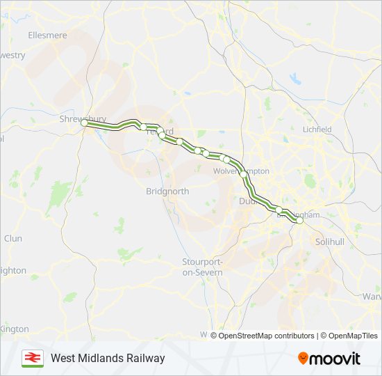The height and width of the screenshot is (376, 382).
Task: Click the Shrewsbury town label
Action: pos(81,118)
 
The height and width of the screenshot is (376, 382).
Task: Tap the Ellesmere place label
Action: pos(47,34)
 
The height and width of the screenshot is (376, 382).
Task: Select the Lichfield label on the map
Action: pos(317,130)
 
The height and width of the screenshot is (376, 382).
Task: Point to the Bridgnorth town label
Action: pos(167,191)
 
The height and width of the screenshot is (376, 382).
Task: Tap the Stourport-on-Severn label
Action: pos(202,267)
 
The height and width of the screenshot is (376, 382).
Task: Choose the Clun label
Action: pos(13,238)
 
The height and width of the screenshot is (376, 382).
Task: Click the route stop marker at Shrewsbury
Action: pos(84,123)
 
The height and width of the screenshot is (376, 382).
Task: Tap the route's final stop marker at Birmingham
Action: pos(299,221)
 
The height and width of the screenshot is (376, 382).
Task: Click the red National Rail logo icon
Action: pos(32,358)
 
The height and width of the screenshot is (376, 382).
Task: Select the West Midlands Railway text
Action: pos(108,358)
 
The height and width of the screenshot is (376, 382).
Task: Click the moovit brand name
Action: pos(335,359)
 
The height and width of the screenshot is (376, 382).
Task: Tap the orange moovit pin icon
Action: pos(303,359)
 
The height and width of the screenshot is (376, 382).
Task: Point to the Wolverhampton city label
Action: pos(241,171)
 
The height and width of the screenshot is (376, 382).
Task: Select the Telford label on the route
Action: pos(161,132)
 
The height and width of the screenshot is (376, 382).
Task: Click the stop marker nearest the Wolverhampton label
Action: pos(226,160)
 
